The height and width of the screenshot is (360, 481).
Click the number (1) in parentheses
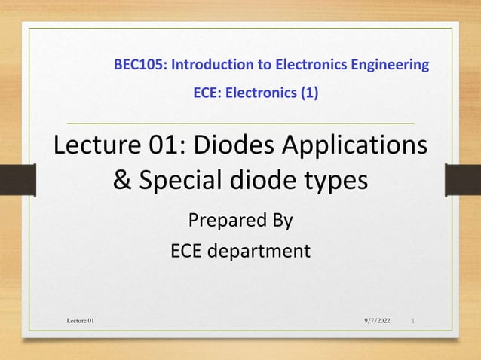pyautogui.click(x=309, y=94)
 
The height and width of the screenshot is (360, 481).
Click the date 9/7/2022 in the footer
pyautogui.click(x=375, y=322)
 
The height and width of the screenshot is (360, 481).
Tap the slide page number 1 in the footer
pyautogui.click(x=414, y=322)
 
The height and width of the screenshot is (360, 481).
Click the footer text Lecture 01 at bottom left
pyautogui.click(x=81, y=322)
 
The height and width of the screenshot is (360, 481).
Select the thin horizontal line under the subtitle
pyautogui.click(x=240, y=122)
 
